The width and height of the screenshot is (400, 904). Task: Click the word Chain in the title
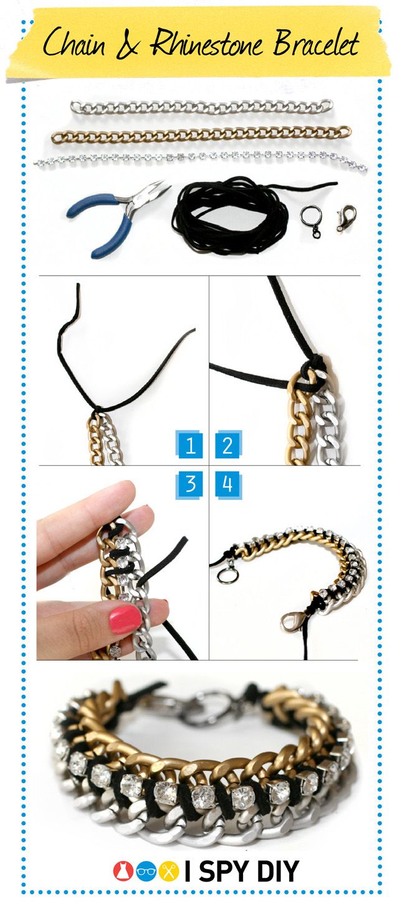pos(74,43)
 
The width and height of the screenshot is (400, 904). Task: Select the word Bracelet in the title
pos(315,42)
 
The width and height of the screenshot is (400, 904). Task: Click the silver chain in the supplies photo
pos(201,108)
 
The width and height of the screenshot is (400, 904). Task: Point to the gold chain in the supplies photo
pos(201,134)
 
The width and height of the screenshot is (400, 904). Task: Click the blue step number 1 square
pos(189,445)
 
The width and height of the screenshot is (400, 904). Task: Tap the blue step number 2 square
pos(228,445)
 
